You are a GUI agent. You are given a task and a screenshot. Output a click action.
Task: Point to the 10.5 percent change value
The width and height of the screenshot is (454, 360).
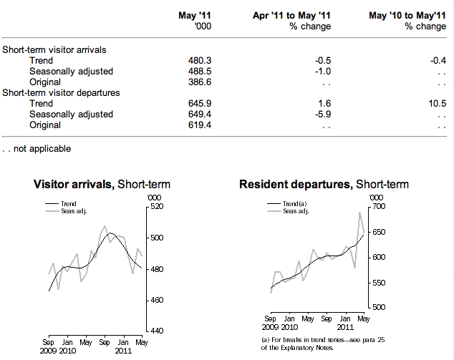pos(436,104)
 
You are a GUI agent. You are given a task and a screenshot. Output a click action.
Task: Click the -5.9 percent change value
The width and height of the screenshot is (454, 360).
pos(322,115)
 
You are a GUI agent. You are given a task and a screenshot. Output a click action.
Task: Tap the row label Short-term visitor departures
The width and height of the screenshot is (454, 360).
pos(61,93)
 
